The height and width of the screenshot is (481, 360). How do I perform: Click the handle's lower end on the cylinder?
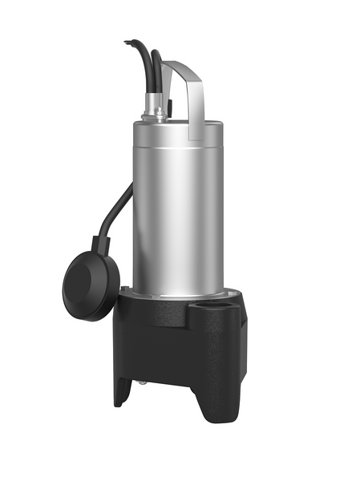click(x=194, y=132)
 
